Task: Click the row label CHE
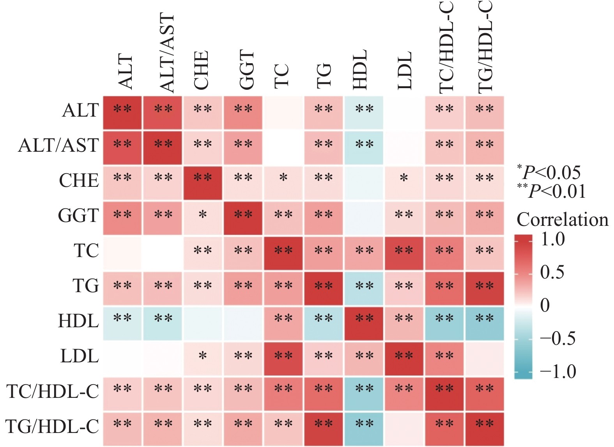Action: coord(79,181)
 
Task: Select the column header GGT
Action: coord(246,70)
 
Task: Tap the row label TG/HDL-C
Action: coord(52,426)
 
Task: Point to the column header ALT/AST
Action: coord(166,53)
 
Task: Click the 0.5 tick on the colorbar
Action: coord(552,272)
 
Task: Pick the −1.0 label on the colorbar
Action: coord(557,371)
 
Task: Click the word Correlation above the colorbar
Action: coord(562,220)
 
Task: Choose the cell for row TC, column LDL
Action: coord(404,253)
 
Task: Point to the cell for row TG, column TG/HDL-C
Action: coord(485,288)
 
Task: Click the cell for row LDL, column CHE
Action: coord(202,358)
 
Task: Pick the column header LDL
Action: coord(405,70)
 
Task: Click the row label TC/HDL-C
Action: coord(53,391)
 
